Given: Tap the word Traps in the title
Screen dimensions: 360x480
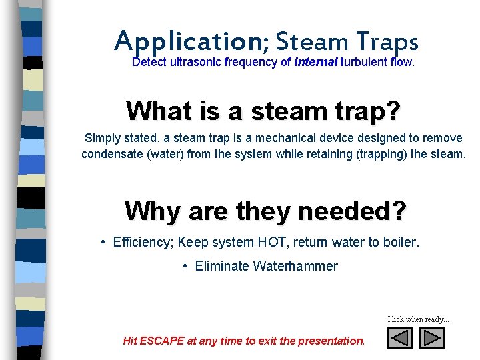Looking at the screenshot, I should point(387,41).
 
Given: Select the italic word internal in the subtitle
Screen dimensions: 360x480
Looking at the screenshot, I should point(316,63).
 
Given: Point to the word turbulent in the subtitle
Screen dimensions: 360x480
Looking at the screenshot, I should point(366,63).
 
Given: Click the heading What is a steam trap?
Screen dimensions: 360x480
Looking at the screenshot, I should point(263,111).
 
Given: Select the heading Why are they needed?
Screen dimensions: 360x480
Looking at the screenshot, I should point(265,211).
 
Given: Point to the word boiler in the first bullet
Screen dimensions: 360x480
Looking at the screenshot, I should point(401,242).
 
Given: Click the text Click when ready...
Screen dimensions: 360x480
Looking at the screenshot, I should point(417,319).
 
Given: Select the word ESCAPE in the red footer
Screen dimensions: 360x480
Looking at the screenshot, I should point(163,341).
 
